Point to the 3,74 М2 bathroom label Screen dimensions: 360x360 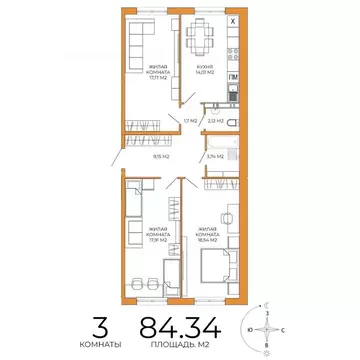pos(213,157)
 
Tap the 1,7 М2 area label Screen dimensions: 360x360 pos(187,121)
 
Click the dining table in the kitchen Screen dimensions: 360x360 pos(205,38)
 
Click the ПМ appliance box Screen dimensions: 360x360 pos(233,77)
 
